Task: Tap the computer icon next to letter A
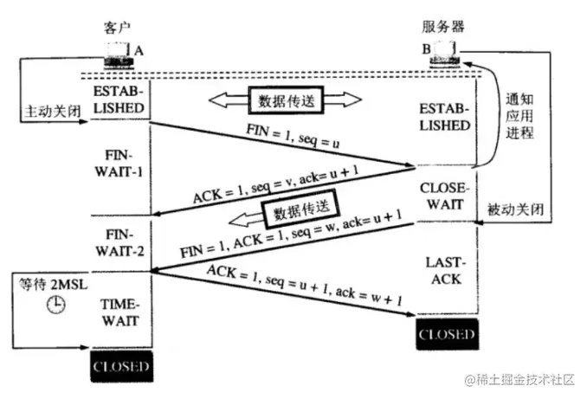117,55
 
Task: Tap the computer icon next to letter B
448,54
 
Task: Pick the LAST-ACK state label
446,272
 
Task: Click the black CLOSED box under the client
120,368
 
